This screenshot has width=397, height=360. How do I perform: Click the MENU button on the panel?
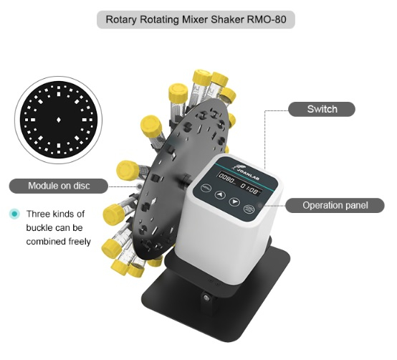[x=206, y=188]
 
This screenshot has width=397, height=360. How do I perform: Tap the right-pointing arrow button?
[x=234, y=202]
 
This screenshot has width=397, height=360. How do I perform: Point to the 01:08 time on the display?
[x=249, y=189]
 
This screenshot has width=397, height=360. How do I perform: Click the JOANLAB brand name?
[x=248, y=174]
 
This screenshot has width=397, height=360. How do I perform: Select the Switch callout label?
[x=322, y=109]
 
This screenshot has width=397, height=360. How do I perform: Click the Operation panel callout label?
[x=335, y=205]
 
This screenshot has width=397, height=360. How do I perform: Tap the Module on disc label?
[x=59, y=186]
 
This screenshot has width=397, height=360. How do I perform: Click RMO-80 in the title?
[x=267, y=19]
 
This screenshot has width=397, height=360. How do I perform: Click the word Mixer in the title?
[x=195, y=19]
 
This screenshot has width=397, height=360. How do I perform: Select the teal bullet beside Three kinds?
[x=14, y=214]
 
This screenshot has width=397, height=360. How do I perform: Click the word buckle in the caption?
[x=39, y=228]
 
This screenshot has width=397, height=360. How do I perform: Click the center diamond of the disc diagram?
[x=59, y=120]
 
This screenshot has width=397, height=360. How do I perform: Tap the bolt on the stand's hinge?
[x=207, y=298]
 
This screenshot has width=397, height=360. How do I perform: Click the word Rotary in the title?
[x=121, y=20]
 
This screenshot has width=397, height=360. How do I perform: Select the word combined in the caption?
[x=42, y=242]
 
